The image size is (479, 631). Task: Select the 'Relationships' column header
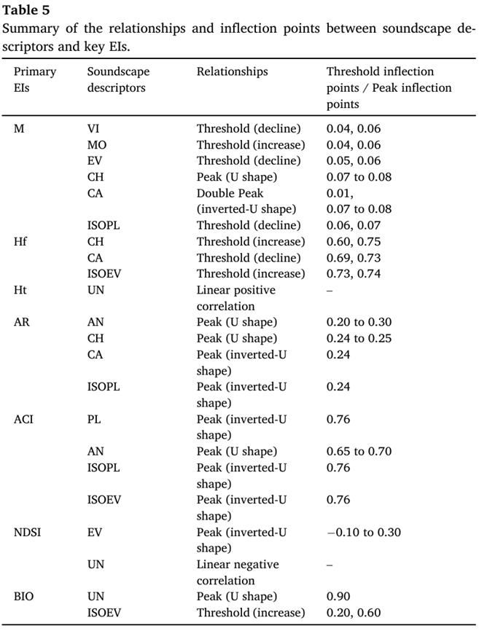[x=232, y=72]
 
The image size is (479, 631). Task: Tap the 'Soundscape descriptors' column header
[x=116, y=80]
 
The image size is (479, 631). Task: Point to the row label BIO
[x=25, y=597]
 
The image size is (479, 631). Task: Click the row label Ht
[x=20, y=290]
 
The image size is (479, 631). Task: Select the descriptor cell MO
[x=96, y=145]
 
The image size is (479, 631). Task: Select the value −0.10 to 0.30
[x=364, y=533]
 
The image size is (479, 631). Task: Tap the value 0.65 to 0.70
[x=359, y=452]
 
